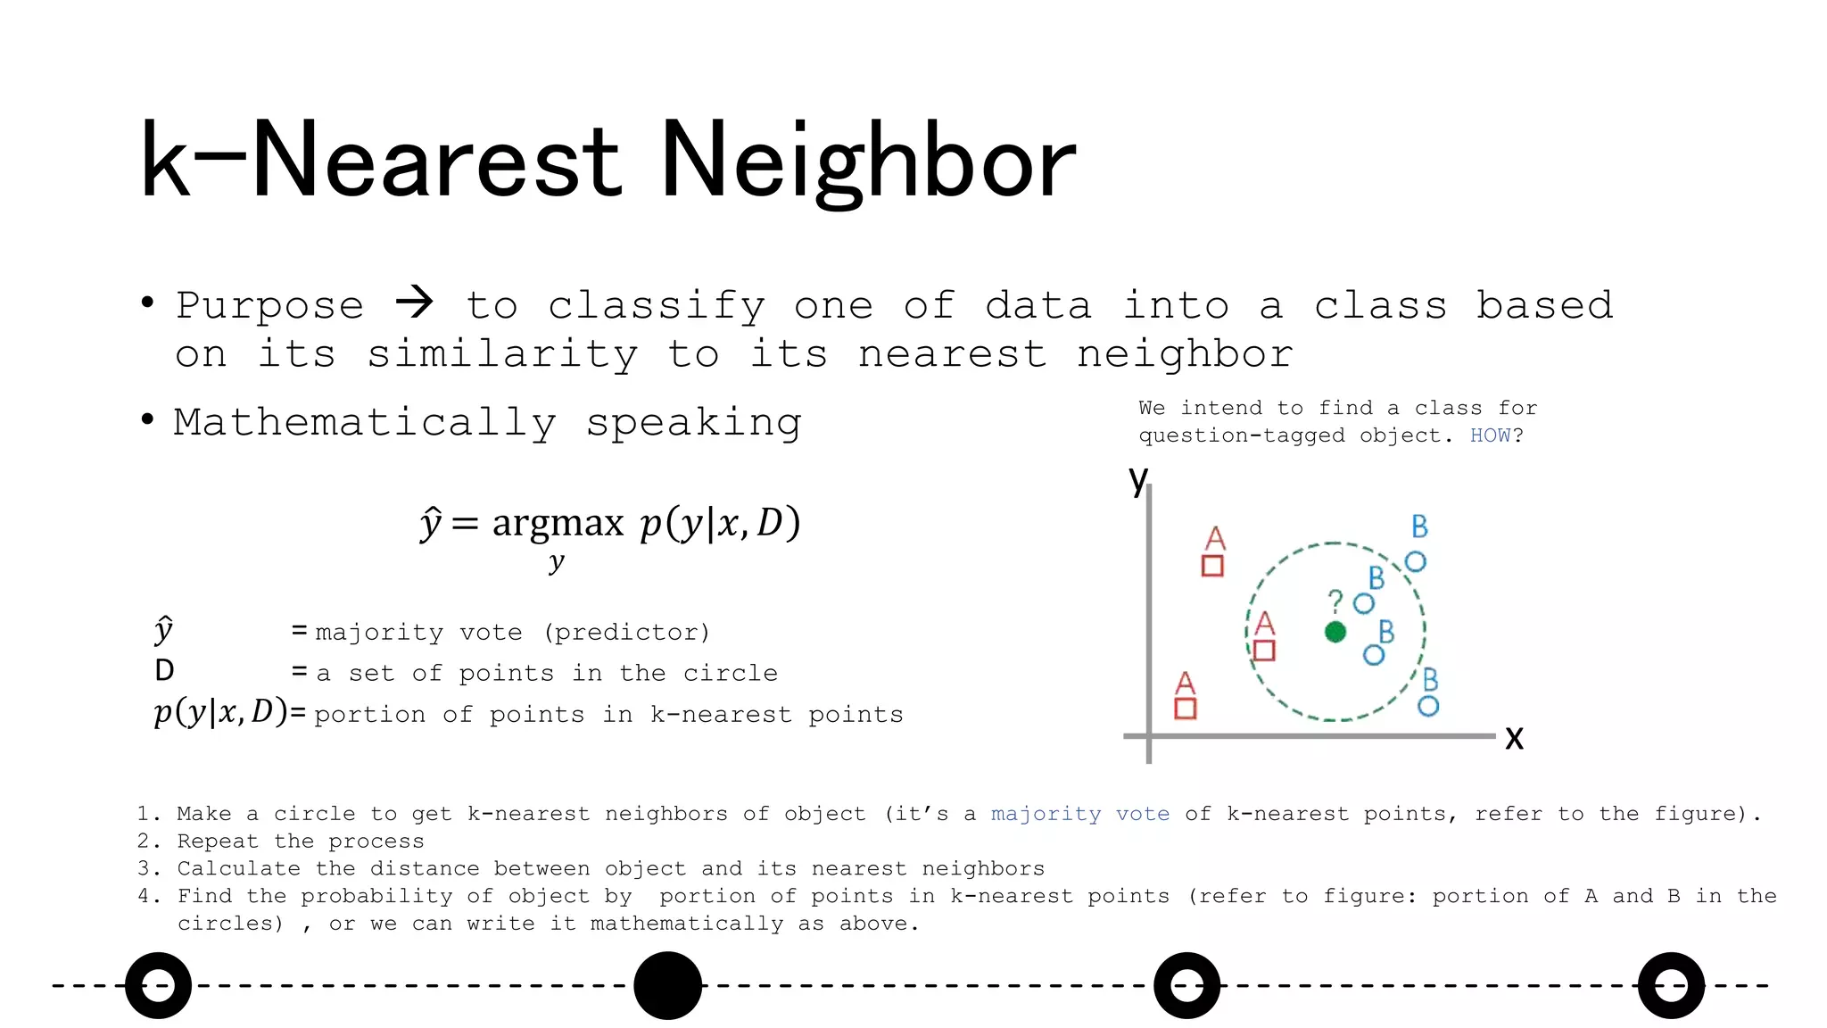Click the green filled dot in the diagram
1335,632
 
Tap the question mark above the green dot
1335,600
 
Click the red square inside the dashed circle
1264,651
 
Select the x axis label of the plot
1514,739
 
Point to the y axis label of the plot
1137,479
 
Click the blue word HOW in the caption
1490,435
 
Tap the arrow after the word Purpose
414,303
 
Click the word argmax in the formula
558,523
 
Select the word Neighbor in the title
867,162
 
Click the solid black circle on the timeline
667,985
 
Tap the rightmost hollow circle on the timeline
1671,985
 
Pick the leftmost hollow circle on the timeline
158,985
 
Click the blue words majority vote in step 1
1079,814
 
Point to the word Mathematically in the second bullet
365,422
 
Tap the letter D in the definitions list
164,670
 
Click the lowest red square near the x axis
1185,709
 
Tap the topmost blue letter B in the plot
1419,526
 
